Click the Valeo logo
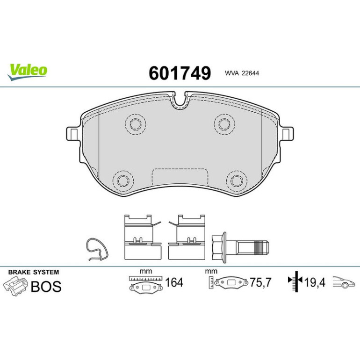[27, 72]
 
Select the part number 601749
[180, 73]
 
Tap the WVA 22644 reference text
[242, 73]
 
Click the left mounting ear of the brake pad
[73, 134]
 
